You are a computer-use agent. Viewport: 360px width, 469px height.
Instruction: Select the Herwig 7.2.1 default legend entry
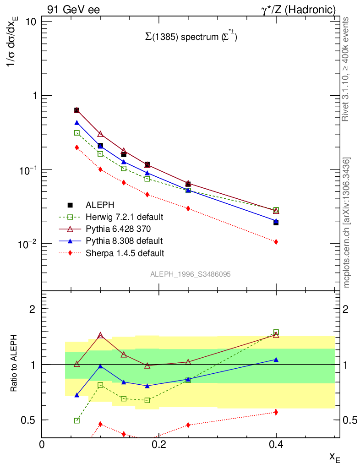[125, 217]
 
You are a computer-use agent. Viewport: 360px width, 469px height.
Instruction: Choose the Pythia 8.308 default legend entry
[124, 240]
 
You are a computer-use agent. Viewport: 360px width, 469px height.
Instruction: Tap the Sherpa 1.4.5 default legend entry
[125, 252]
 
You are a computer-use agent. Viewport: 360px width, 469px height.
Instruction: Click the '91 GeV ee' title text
[73, 10]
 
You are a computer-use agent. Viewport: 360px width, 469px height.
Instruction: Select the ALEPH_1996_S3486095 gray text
[190, 274]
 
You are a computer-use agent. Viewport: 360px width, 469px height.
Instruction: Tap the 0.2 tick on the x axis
[159, 444]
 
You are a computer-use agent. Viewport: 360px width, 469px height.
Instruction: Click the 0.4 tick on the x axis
[276, 444]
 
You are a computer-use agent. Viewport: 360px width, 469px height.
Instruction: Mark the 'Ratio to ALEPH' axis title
[14, 364]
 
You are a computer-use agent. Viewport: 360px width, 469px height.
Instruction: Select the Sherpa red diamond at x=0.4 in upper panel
[276, 242]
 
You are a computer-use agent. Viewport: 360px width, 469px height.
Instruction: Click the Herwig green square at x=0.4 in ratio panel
[276, 333]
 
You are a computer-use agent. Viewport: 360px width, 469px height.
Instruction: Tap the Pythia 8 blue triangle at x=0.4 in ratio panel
[276, 360]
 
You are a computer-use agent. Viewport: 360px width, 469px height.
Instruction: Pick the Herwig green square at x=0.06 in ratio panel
[77, 420]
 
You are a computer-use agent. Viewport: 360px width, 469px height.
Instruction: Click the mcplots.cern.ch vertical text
[347, 222]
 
